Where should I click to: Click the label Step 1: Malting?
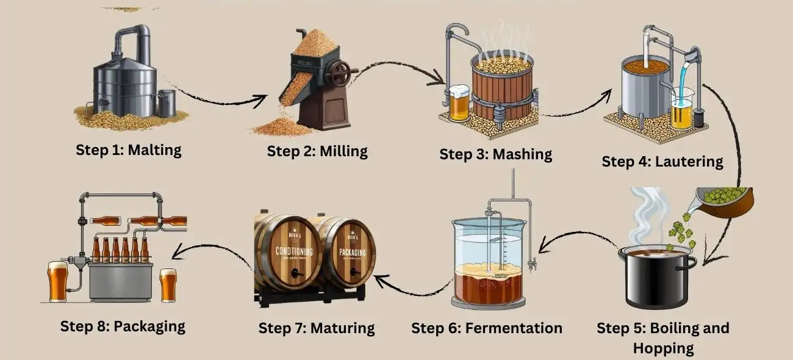129,149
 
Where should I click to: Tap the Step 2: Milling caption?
317,151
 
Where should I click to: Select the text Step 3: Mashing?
495,154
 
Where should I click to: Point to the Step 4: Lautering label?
662,161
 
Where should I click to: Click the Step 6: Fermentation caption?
486,328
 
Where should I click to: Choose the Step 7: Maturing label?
316,328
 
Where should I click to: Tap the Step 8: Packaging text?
123,325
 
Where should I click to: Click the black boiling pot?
657,278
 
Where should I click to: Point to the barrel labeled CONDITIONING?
287,253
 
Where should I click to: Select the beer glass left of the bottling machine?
58,281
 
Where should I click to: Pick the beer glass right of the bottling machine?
168,285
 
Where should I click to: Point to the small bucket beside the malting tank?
166,103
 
